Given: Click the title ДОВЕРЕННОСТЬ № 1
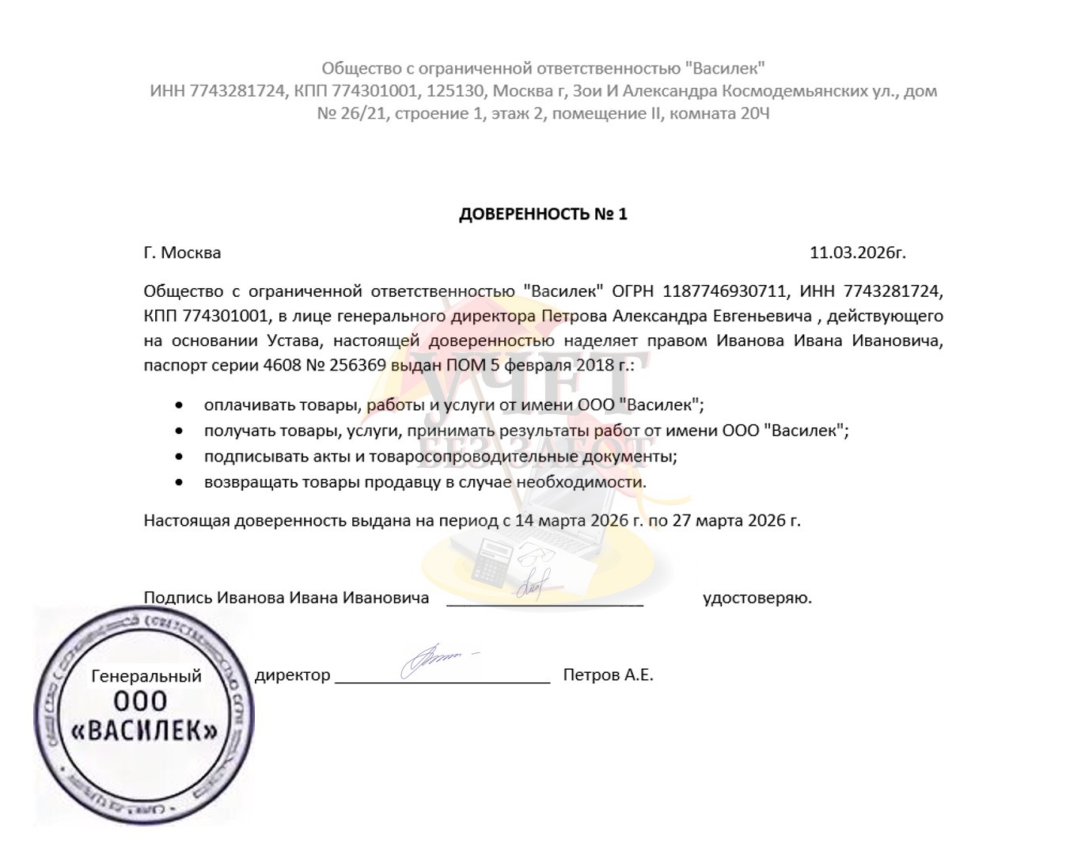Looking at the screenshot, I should [x=543, y=214].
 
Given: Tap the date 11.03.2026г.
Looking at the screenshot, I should [x=857, y=253].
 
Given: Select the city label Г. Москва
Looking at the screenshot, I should [x=182, y=253].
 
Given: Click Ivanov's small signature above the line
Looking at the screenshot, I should [x=535, y=585].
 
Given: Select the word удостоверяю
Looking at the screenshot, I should [x=757, y=598].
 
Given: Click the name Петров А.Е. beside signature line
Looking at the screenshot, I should [x=608, y=675].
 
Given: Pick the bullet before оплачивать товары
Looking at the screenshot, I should [x=180, y=405].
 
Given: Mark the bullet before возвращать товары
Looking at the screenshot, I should [x=180, y=481].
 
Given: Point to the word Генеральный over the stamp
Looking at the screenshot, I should [x=146, y=676].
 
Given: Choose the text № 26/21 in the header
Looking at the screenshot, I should [x=351, y=113].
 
